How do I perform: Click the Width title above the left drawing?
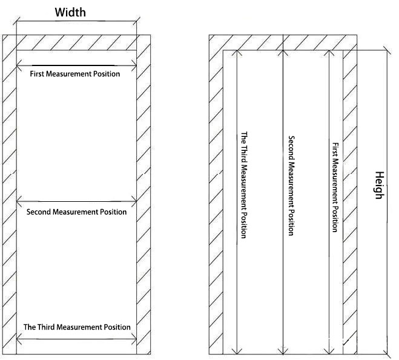[70, 12]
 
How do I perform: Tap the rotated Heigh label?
[380, 185]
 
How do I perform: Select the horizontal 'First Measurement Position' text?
[75, 74]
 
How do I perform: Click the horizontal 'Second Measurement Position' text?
[77, 212]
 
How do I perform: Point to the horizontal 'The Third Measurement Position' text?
[77, 327]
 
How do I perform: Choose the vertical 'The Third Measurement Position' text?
[244, 185]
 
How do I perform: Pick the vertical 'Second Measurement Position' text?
[291, 185]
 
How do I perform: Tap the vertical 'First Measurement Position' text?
[335, 187]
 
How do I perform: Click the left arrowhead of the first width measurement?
[19, 65]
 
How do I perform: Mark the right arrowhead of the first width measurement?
[134, 65]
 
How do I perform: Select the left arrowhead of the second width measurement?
[19, 201]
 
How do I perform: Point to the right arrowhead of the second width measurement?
[134, 201]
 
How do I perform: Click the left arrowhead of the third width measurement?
[19, 339]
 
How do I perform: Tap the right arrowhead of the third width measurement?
[134, 339]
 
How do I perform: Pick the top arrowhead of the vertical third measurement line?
[237, 53]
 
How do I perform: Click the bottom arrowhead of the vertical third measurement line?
[237, 352]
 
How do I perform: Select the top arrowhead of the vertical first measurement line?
[329, 53]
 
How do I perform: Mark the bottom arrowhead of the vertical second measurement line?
[283, 352]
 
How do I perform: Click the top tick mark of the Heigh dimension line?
[387, 50]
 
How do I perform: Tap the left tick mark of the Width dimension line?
[16, 21]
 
